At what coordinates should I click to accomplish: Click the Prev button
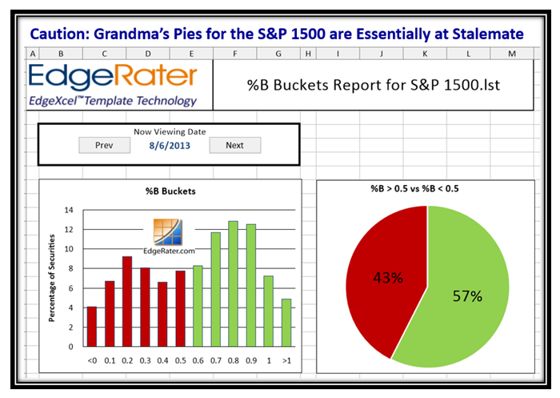(x=104, y=145)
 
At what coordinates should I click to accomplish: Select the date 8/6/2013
(x=170, y=146)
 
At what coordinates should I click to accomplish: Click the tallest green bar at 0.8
(x=234, y=283)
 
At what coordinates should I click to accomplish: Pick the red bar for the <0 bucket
(x=92, y=327)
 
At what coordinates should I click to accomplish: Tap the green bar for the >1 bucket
(x=286, y=323)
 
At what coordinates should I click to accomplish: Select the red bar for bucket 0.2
(x=127, y=301)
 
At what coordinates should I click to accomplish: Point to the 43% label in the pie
(x=388, y=278)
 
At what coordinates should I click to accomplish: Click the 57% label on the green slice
(x=467, y=296)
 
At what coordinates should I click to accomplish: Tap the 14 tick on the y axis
(x=69, y=210)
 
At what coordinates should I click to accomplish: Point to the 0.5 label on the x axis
(x=180, y=361)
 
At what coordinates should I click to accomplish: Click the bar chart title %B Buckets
(x=170, y=191)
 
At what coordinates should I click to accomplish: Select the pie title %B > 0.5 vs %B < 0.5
(x=414, y=189)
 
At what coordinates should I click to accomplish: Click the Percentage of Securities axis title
(x=52, y=278)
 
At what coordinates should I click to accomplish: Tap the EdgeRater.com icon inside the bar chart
(x=168, y=231)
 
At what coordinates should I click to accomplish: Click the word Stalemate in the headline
(x=488, y=34)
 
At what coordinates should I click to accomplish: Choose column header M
(x=512, y=54)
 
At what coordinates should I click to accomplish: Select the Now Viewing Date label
(x=170, y=131)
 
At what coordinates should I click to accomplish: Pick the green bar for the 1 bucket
(x=269, y=311)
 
